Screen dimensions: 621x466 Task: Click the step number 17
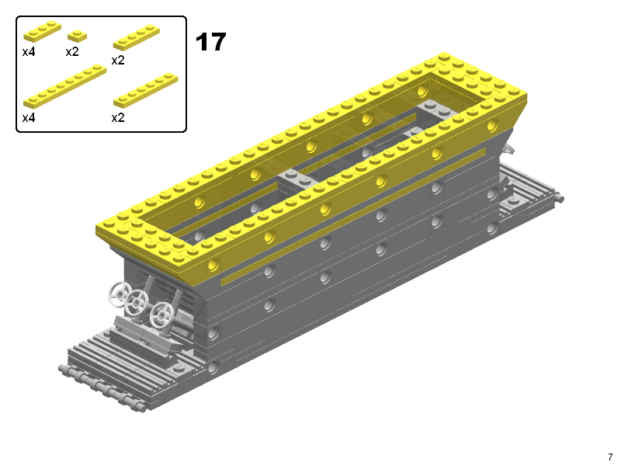click(x=210, y=42)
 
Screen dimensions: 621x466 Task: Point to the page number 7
click(x=610, y=457)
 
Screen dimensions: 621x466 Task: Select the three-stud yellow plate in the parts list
click(x=43, y=31)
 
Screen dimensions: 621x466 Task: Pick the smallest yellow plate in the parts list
click(x=77, y=36)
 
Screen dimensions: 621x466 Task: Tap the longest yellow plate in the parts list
click(x=65, y=86)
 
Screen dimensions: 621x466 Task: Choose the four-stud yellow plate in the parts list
click(x=137, y=37)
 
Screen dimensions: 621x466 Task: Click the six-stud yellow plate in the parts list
click(x=146, y=90)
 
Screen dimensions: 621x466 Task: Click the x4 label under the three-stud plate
click(x=29, y=52)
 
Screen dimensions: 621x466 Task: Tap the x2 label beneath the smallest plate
click(x=72, y=52)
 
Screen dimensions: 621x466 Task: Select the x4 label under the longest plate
click(x=29, y=118)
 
